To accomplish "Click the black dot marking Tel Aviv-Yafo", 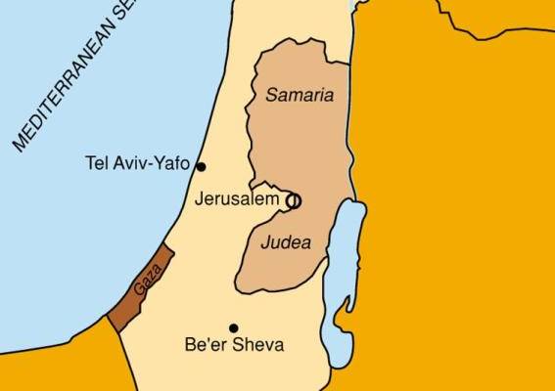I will point(201,166).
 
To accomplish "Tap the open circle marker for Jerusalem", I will point(292,200).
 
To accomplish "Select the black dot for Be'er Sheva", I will point(233,328).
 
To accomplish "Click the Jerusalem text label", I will point(239,198).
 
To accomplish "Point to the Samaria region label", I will point(300,96).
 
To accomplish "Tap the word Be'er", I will point(204,345).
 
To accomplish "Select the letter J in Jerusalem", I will point(200,198).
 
